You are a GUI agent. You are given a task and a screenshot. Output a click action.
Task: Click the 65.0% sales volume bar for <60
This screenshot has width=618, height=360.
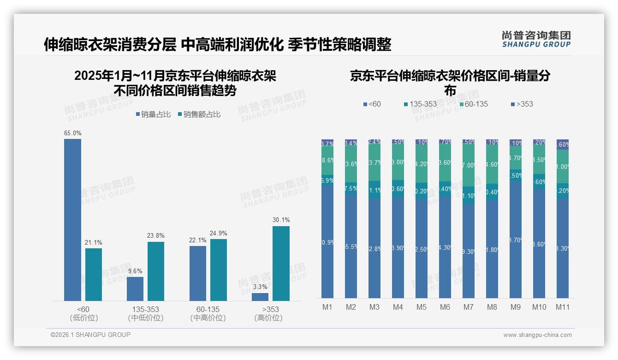[72, 220]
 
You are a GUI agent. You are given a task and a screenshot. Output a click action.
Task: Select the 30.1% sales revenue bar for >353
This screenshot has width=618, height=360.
[281, 263]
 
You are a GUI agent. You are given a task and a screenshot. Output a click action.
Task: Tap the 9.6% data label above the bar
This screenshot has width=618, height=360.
[135, 271]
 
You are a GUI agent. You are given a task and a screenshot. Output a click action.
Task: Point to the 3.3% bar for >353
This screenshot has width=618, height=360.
[260, 297]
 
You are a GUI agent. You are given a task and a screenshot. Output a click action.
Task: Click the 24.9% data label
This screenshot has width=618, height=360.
[219, 233]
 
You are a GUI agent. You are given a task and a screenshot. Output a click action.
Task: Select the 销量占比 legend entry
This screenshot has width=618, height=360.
[153, 114]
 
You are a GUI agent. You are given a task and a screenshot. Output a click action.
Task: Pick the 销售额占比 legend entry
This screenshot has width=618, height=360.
[199, 114]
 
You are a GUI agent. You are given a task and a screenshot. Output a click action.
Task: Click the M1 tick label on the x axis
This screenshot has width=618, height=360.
[327, 307]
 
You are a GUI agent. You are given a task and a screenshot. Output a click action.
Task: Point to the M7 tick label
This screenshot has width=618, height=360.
[468, 307]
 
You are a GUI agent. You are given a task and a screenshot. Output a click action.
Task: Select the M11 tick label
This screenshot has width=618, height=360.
[562, 307]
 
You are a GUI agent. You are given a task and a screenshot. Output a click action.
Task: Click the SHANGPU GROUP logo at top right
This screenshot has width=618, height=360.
[536, 39]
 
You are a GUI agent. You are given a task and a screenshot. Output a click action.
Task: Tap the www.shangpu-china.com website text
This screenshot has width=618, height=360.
[537, 335]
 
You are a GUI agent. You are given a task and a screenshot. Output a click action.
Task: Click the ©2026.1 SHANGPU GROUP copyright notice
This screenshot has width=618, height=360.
[90, 335]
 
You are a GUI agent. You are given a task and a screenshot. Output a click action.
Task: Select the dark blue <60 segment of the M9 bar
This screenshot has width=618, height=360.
[515, 239]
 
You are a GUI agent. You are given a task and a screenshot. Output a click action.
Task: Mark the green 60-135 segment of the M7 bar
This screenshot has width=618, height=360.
[468, 166]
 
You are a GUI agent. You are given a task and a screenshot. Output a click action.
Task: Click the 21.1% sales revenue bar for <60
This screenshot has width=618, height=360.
[94, 275]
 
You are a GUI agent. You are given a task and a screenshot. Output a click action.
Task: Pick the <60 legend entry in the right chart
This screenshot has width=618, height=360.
[373, 104]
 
